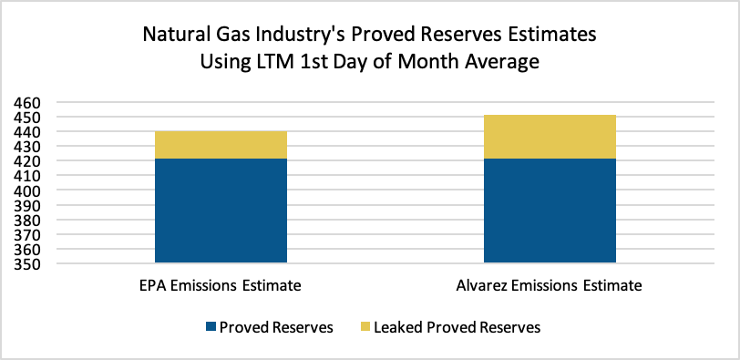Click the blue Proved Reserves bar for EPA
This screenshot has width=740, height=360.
pyautogui.click(x=221, y=211)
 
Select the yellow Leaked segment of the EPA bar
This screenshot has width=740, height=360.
pyautogui.click(x=221, y=145)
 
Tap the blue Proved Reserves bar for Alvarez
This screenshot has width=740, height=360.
pyautogui.click(x=550, y=211)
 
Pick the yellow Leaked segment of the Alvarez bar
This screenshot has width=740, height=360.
pyautogui.click(x=550, y=137)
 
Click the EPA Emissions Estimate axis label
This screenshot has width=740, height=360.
pyautogui.click(x=221, y=286)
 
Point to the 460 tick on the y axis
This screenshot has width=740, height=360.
pyautogui.click(x=26, y=103)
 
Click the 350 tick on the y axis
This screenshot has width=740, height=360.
pyautogui.click(x=26, y=264)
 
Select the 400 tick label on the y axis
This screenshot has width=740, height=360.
pyautogui.click(x=26, y=191)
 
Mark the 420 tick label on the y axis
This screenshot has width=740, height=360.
pyautogui.click(x=26, y=161)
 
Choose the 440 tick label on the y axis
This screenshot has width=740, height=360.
pyautogui.click(x=26, y=132)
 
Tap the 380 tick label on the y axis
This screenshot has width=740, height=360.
pyautogui.click(x=26, y=221)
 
